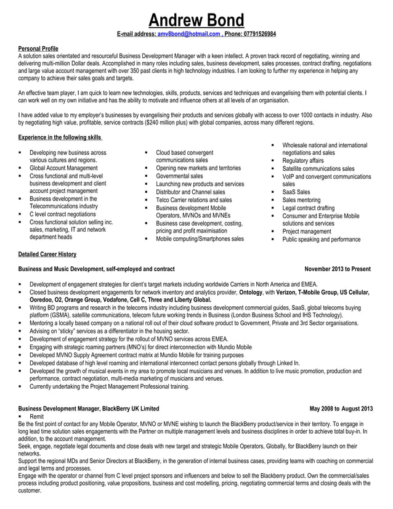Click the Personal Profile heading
click(x=39, y=48)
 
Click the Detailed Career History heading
click(x=47, y=253)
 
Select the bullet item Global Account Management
click(x=63, y=168)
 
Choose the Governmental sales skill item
click(x=179, y=176)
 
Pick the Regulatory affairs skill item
click(x=302, y=160)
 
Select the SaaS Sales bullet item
click(x=296, y=192)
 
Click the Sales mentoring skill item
click(x=301, y=200)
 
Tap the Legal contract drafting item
click(x=309, y=208)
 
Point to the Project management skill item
click(x=307, y=231)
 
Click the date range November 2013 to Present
click(x=338, y=269)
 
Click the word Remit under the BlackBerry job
click(x=37, y=417)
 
